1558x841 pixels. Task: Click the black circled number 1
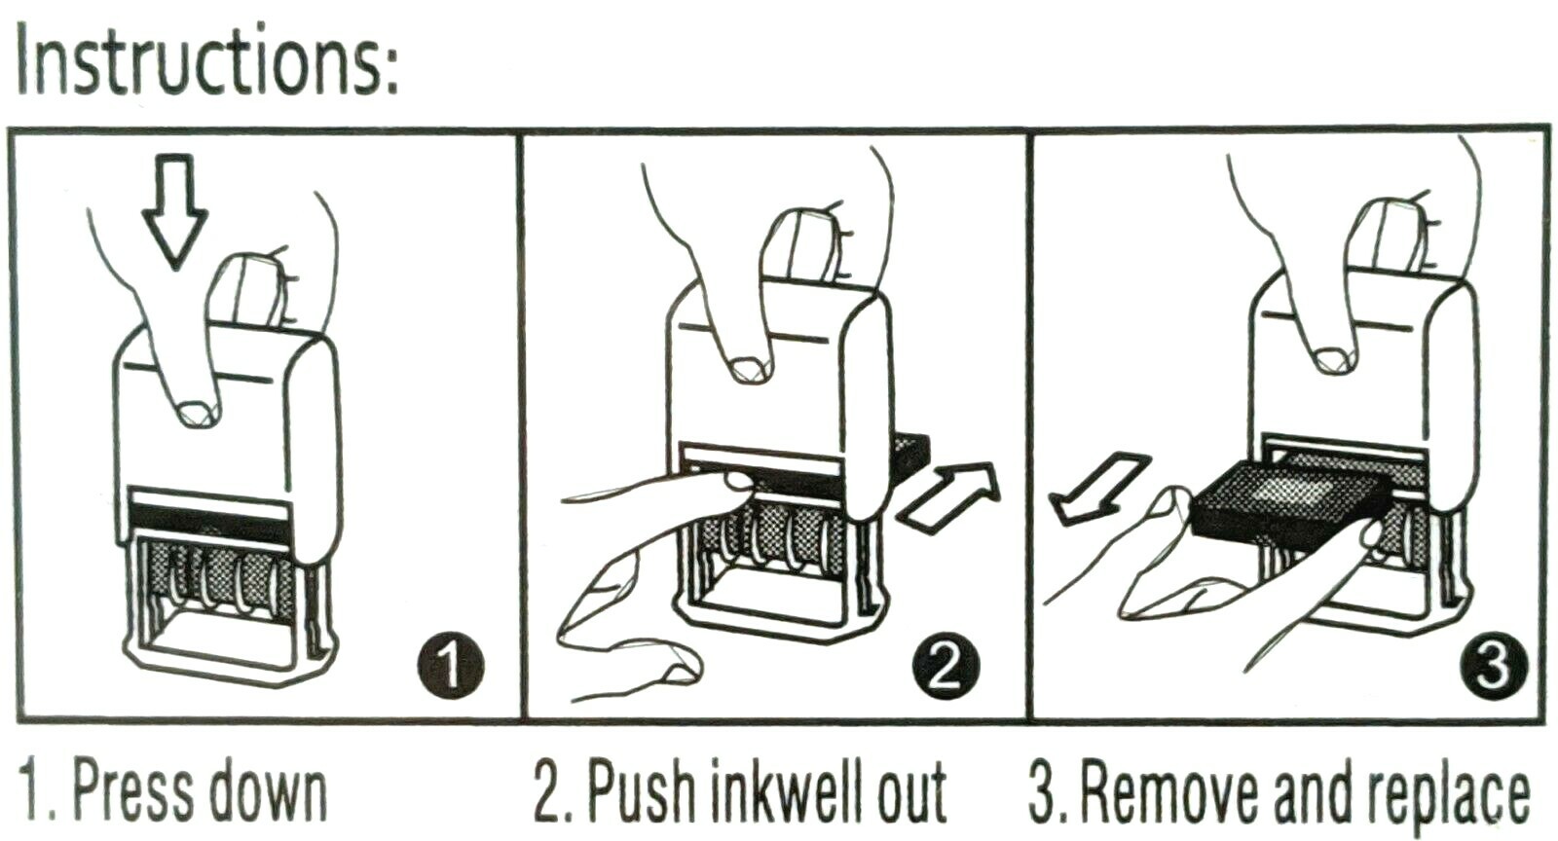451,665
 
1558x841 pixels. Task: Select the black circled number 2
946,665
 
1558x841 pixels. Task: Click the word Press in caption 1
133,792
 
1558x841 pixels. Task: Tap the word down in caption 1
268,792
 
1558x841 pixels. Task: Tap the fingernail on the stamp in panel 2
749,370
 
